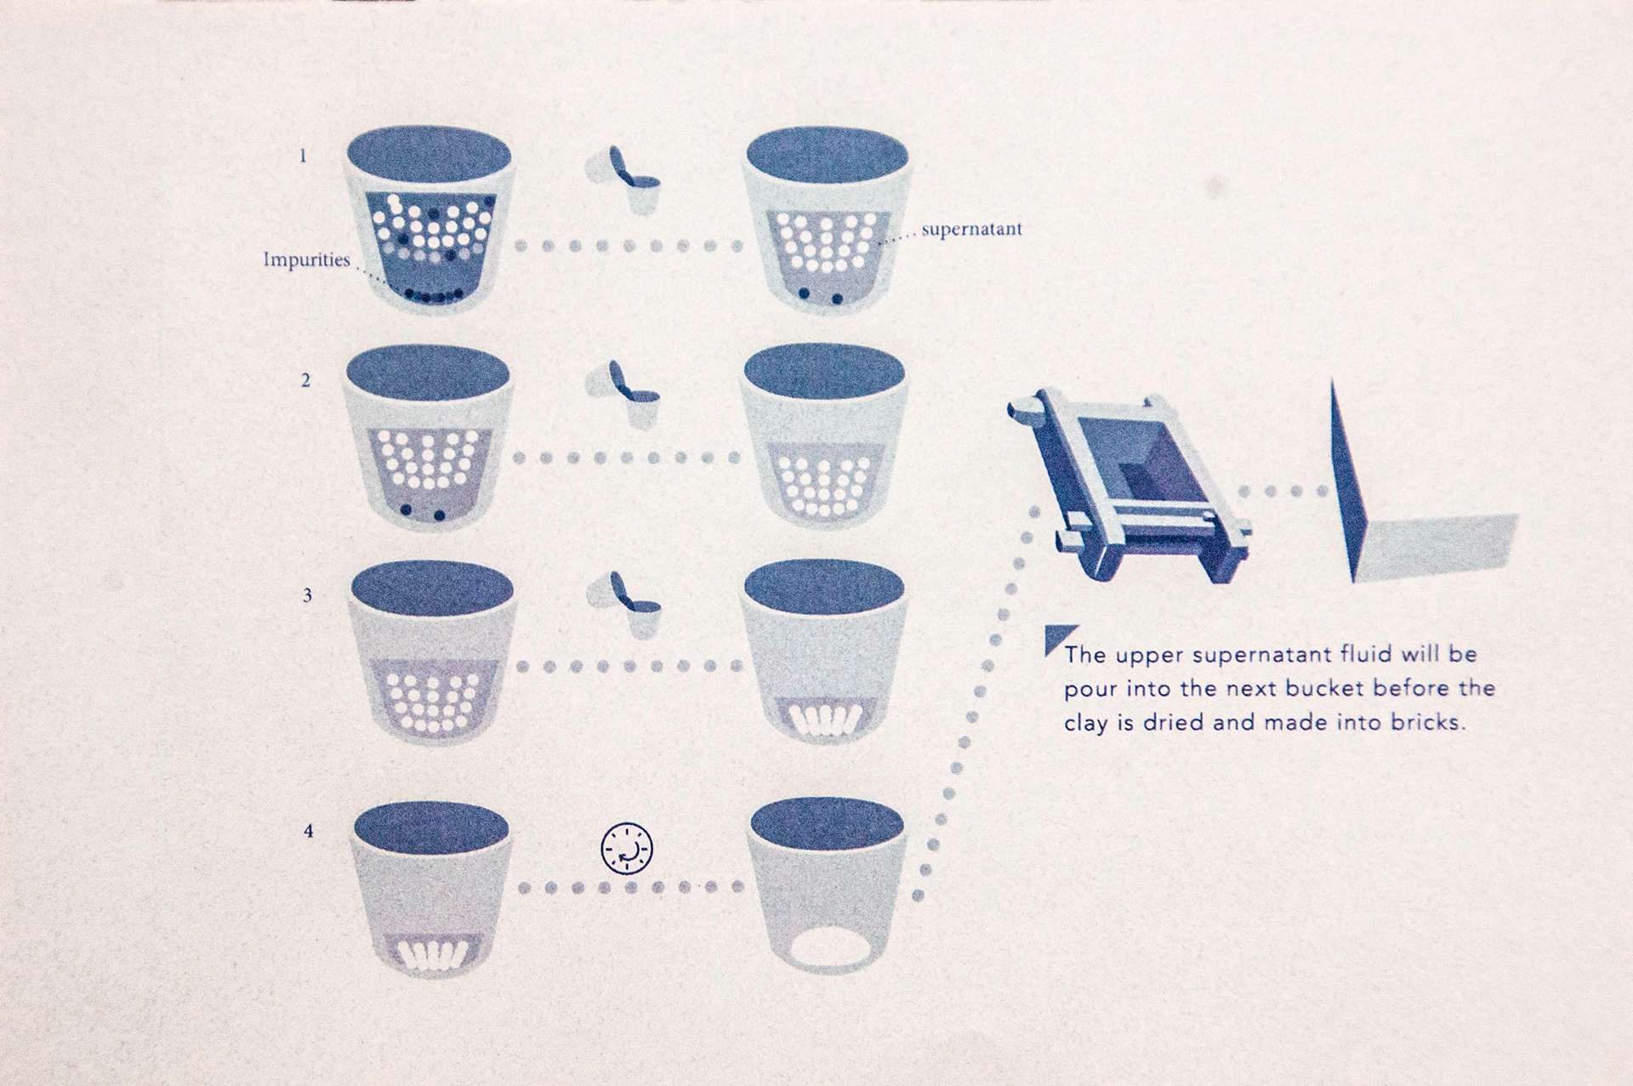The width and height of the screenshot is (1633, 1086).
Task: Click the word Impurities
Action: pyautogui.click(x=306, y=259)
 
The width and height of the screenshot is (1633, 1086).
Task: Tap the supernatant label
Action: pyautogui.click(x=971, y=230)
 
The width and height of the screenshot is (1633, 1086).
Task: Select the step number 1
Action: pyautogui.click(x=302, y=156)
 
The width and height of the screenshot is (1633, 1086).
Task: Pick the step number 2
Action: pyautogui.click(x=305, y=380)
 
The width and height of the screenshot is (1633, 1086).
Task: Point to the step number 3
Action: pyautogui.click(x=307, y=595)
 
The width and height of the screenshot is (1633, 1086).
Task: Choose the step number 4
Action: pyautogui.click(x=308, y=830)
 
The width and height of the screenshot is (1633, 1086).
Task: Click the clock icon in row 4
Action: pyautogui.click(x=627, y=849)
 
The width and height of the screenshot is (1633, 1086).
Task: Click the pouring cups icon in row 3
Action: pyautogui.click(x=624, y=606)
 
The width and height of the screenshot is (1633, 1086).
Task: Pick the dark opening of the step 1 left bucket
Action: pyautogui.click(x=429, y=157)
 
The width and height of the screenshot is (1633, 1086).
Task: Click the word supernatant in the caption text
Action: pyautogui.click(x=1262, y=656)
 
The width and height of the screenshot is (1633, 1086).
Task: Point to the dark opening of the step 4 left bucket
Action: pyautogui.click(x=430, y=827)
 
